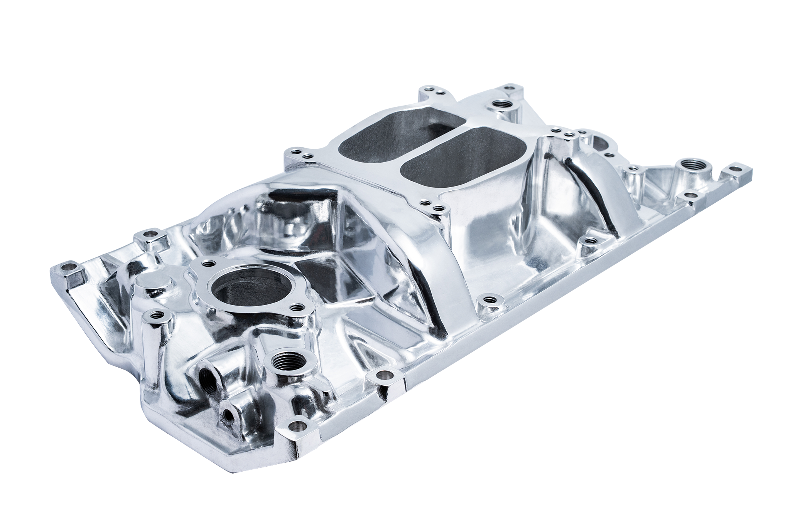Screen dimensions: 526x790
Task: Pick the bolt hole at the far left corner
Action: [71, 266]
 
